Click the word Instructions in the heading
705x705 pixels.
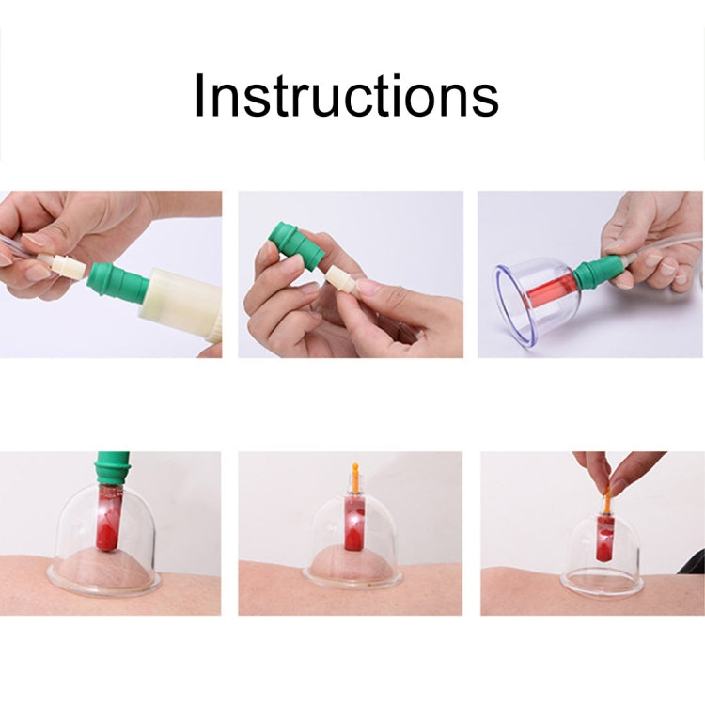346,95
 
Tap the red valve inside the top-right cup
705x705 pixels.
551,289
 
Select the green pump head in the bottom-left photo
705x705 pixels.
112,468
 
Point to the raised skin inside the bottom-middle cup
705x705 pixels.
352,562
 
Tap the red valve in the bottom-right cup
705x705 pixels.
604,538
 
